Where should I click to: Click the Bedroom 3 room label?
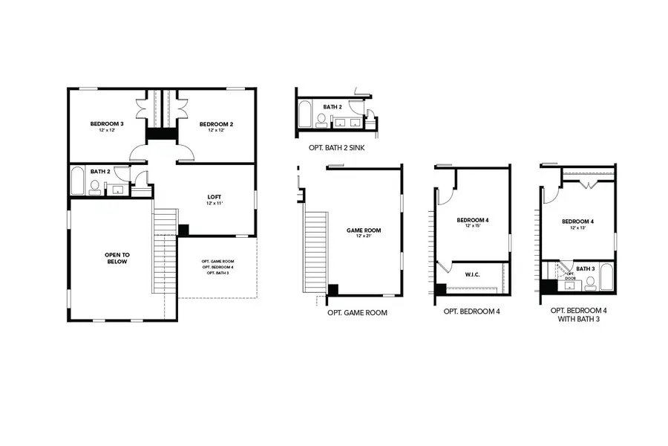click(x=107, y=123)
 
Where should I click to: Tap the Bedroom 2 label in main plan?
click(x=217, y=123)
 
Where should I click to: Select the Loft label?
click(x=214, y=197)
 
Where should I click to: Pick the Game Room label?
click(x=364, y=230)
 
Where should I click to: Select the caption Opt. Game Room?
click(x=357, y=313)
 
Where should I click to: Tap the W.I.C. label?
click(x=472, y=274)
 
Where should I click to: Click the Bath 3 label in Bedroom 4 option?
click(x=586, y=268)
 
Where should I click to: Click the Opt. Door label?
click(x=572, y=276)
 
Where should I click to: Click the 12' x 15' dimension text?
click(x=473, y=226)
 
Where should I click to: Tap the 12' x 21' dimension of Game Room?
click(x=364, y=236)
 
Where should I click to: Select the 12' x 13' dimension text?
click(x=578, y=227)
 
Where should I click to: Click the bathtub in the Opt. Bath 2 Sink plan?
click(x=305, y=116)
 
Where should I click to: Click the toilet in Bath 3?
click(x=592, y=282)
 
